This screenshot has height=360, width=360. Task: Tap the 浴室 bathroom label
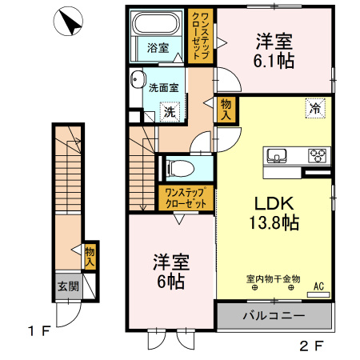[x=157, y=47]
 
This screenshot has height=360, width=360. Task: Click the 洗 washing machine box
[x=170, y=113]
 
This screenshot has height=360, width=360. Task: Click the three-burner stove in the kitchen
[x=318, y=155]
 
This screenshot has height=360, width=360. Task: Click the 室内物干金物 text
[x=273, y=278]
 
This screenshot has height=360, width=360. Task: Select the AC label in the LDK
[x=318, y=284]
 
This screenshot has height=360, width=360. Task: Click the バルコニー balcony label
[x=274, y=316]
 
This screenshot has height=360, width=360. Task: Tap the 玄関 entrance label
[x=66, y=286]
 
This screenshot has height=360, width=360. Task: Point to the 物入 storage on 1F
[x=90, y=255]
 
